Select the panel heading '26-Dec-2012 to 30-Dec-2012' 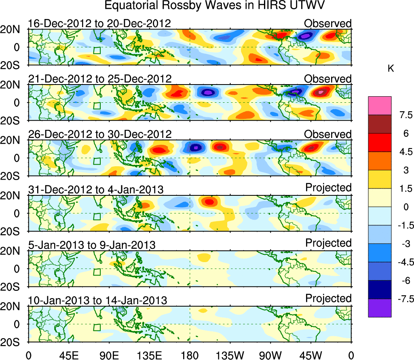click(99, 134)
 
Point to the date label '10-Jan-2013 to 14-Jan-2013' click(97, 301)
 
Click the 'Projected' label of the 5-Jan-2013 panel click(328, 243)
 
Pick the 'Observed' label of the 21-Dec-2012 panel click(328, 79)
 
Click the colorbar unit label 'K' click(391, 69)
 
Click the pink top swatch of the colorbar click(380, 106)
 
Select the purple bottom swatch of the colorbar click(380, 308)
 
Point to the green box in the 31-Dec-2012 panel click(97, 216)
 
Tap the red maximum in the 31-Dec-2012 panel click(209, 201)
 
